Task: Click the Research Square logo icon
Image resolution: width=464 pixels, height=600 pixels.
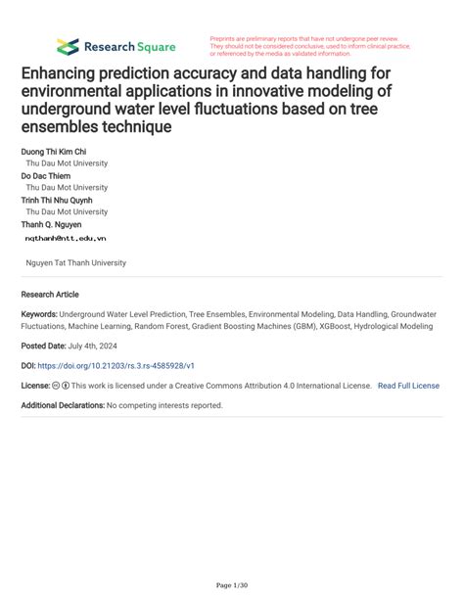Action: [x=68, y=46]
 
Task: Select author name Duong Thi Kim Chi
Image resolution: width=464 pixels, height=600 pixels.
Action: [x=54, y=153]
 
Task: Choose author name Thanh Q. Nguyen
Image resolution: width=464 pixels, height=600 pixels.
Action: [x=52, y=224]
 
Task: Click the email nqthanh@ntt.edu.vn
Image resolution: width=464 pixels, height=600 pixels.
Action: [x=67, y=238]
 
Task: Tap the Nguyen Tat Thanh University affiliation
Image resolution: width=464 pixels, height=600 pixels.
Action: [x=76, y=262]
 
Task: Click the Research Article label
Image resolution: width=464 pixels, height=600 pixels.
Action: [x=50, y=295]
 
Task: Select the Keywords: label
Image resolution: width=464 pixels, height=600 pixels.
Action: [x=39, y=315]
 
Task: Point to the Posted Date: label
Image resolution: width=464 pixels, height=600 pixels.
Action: [x=44, y=346]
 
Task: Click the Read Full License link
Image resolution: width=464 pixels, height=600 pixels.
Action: [x=408, y=386]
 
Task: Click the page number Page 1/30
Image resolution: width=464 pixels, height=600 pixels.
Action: [x=232, y=586]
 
